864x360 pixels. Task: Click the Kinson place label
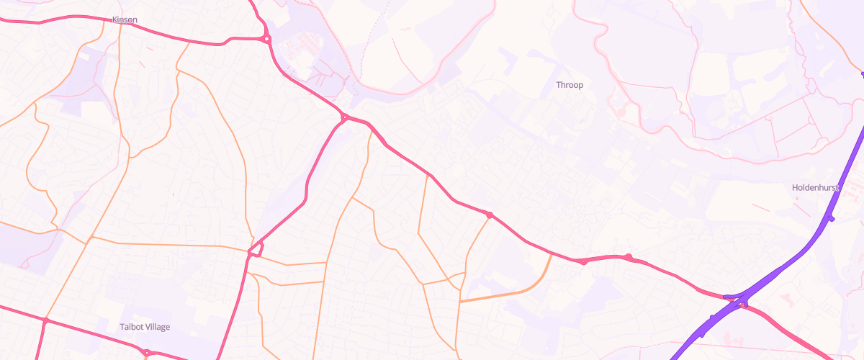tap(125, 19)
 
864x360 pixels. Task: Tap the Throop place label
tap(570, 85)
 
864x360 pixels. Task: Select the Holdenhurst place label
tap(816, 187)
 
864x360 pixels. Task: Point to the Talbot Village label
tap(145, 327)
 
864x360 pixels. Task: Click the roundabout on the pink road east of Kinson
tap(266, 38)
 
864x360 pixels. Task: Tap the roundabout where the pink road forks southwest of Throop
tap(345, 117)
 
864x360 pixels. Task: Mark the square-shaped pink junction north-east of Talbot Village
tap(254, 251)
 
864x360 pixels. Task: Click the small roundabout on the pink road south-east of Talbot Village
tap(146, 352)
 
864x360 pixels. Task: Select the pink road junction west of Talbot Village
tap(45, 320)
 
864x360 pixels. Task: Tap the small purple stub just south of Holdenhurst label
tap(831, 217)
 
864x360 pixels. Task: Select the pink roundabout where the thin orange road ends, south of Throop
tap(490, 215)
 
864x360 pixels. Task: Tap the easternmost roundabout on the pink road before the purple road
tap(629, 257)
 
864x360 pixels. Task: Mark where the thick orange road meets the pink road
tap(552, 253)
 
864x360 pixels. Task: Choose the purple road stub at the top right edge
tap(862, 73)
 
